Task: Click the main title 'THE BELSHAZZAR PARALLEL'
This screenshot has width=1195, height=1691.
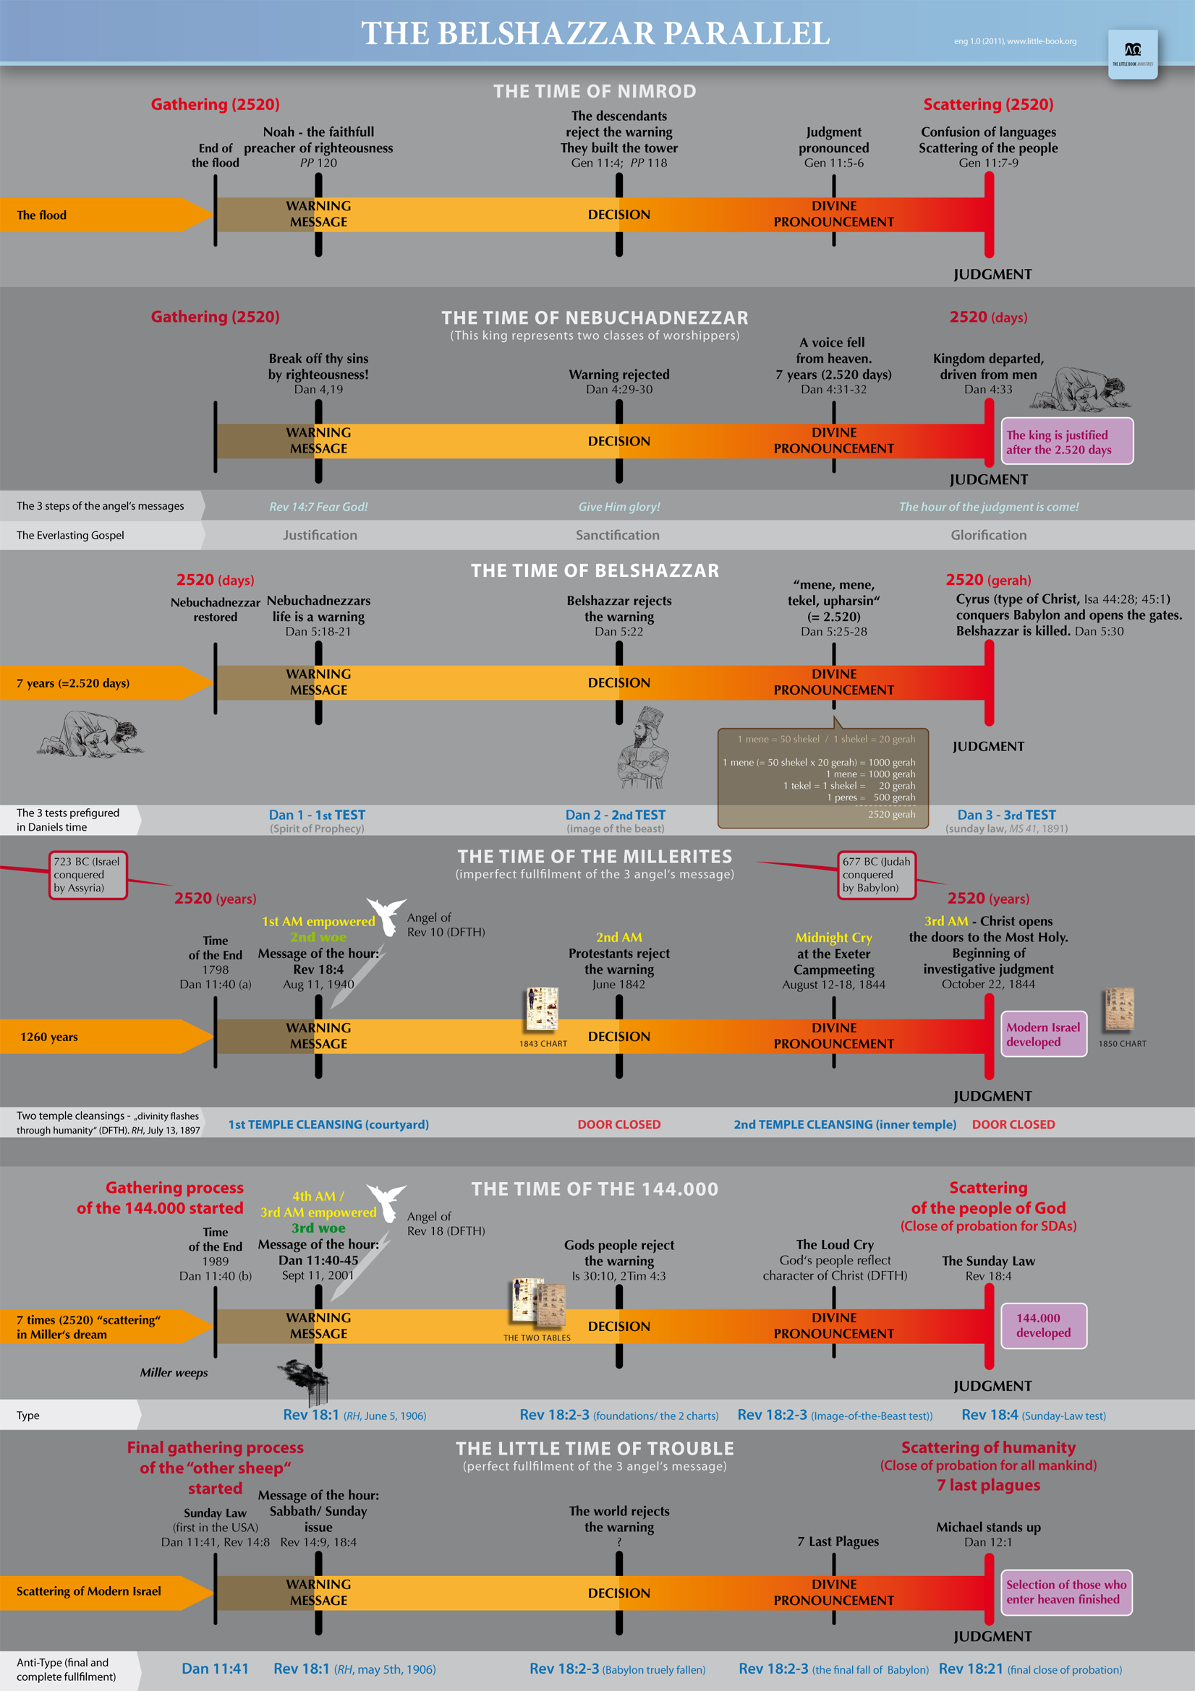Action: pyautogui.click(x=595, y=33)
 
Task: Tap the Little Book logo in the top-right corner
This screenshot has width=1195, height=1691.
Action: pyautogui.click(x=1132, y=53)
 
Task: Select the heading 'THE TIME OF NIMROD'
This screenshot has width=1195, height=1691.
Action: pyautogui.click(x=595, y=91)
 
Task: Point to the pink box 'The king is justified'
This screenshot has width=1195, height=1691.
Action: pyautogui.click(x=1066, y=442)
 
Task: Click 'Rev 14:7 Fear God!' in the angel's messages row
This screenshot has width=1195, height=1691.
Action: pyautogui.click(x=318, y=507)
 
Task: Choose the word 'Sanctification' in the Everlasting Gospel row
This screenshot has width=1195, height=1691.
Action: pyautogui.click(x=617, y=536)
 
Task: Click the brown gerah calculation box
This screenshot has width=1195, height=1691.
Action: pyautogui.click(x=822, y=777)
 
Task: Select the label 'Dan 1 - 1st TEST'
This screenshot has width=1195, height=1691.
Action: pyautogui.click(x=317, y=815)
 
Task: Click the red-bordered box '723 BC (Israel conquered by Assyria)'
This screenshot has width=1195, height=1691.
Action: pyautogui.click(x=88, y=875)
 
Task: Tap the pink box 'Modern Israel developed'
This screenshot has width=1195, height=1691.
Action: pyautogui.click(x=1043, y=1035)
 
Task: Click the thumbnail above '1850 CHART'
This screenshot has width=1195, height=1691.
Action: pyautogui.click(x=1119, y=1009)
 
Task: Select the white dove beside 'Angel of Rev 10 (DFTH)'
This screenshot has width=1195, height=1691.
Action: pyautogui.click(x=386, y=915)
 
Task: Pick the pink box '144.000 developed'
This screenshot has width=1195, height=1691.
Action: pyautogui.click(x=1043, y=1326)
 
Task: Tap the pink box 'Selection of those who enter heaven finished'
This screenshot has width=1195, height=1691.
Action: pyautogui.click(x=1066, y=1592)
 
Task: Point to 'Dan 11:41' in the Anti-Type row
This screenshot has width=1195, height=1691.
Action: pyautogui.click(x=215, y=1669)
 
